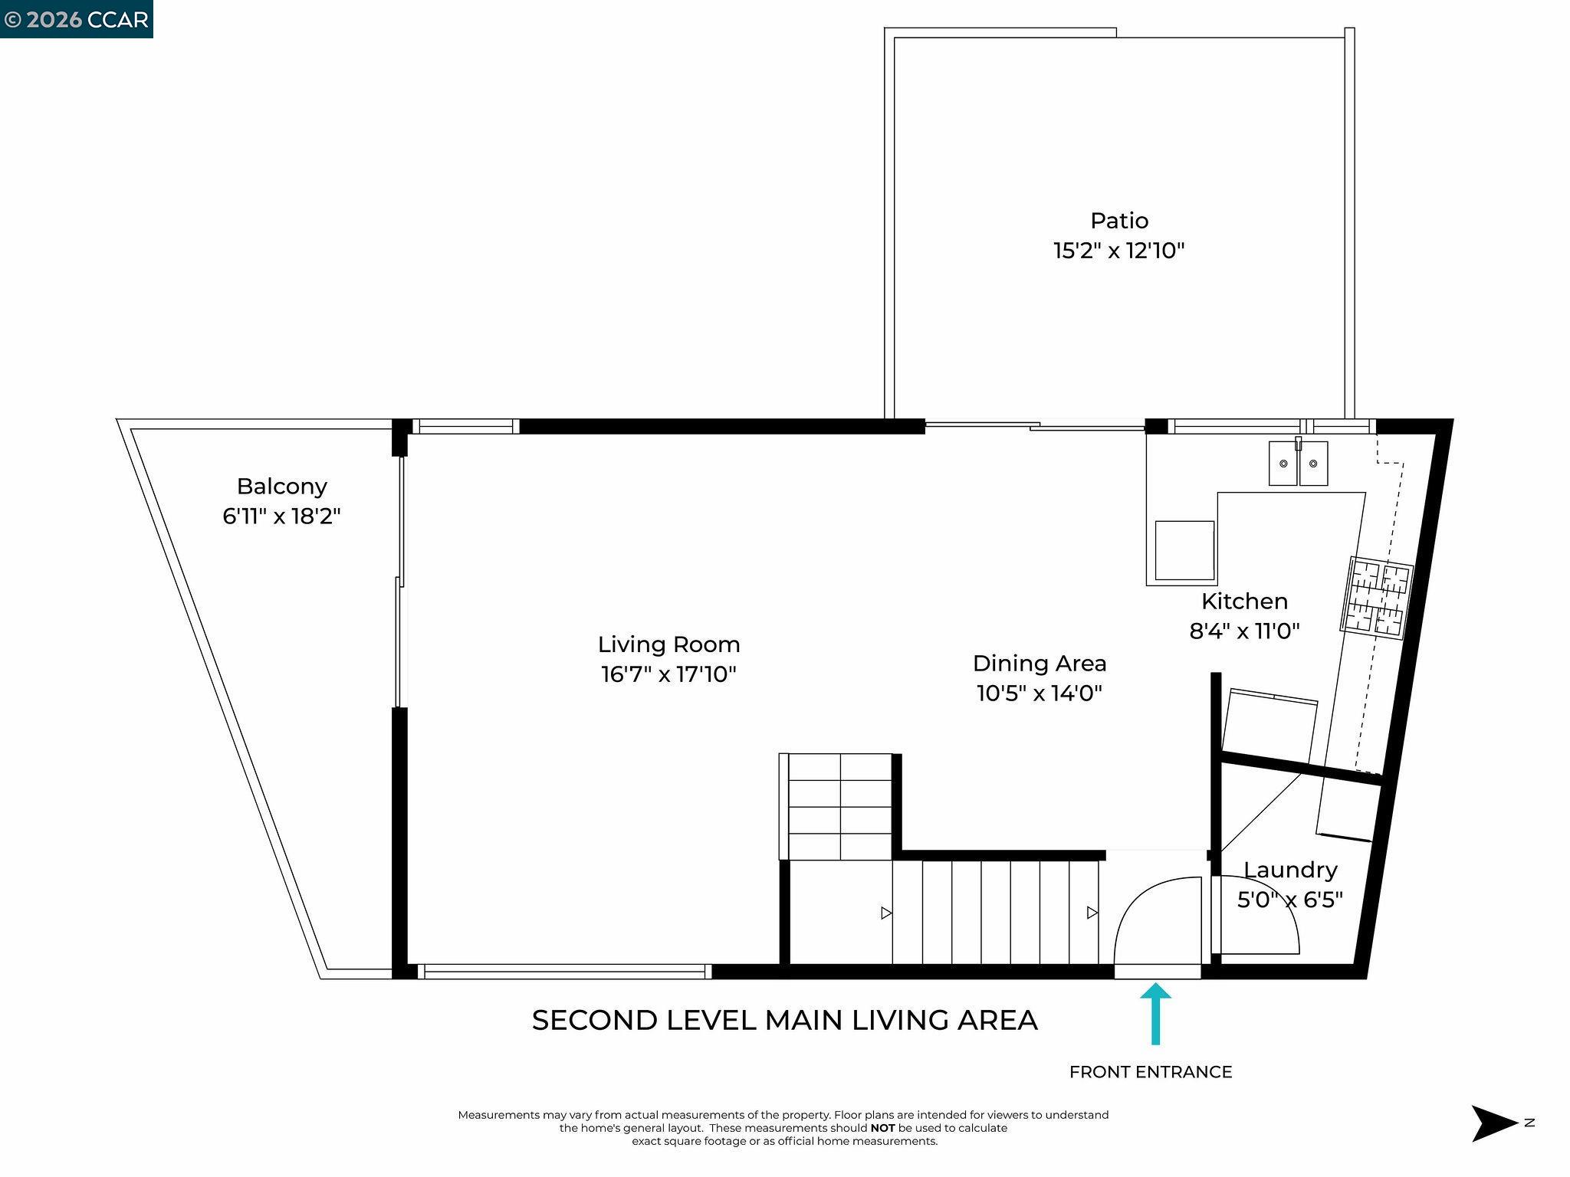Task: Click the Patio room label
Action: (x=1119, y=221)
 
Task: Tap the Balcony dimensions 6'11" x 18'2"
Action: (x=281, y=516)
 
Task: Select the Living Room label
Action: (x=668, y=644)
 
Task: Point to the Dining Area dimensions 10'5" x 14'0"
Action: (x=1039, y=693)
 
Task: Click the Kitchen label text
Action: (x=1244, y=601)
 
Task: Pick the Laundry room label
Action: (x=1290, y=870)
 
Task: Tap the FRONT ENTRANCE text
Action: (x=1150, y=1072)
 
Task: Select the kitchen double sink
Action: (x=1298, y=464)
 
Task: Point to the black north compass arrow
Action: (x=1493, y=1123)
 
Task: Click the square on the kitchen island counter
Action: (x=1184, y=550)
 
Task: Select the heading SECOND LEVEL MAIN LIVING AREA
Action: (x=784, y=1020)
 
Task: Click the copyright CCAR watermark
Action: (x=76, y=19)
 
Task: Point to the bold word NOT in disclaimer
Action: (x=882, y=1128)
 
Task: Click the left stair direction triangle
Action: (x=886, y=913)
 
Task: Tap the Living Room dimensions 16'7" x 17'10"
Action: (x=668, y=674)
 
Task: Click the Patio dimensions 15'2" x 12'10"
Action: (x=1119, y=251)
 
